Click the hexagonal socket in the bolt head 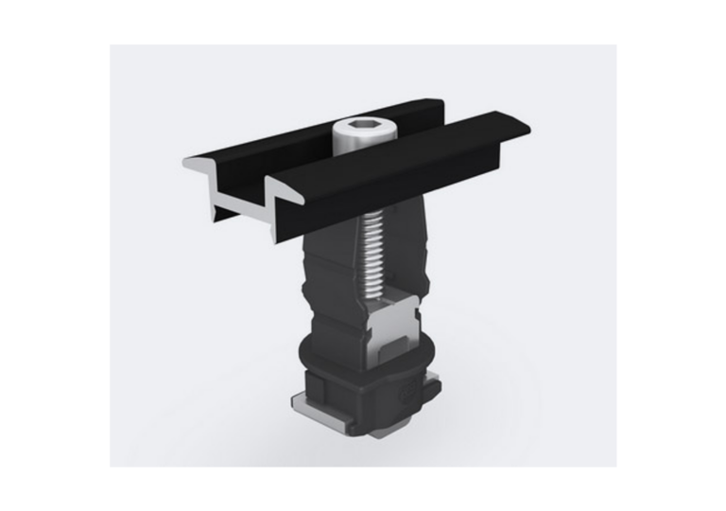click(361, 125)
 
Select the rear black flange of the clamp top click(312, 137)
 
